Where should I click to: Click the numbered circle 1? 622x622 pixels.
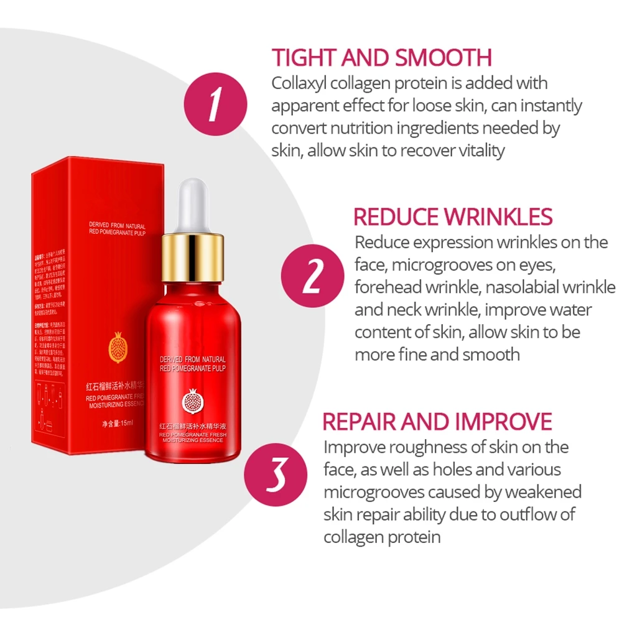(x=215, y=104)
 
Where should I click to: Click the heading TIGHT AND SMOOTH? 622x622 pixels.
(x=382, y=58)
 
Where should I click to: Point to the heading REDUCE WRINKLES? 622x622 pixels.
(x=453, y=216)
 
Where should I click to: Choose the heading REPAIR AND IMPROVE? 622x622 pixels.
(x=437, y=421)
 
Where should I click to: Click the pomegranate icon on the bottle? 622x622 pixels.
(x=192, y=402)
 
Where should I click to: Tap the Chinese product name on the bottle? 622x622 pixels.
(x=192, y=427)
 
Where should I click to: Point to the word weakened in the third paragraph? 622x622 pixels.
(x=543, y=491)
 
